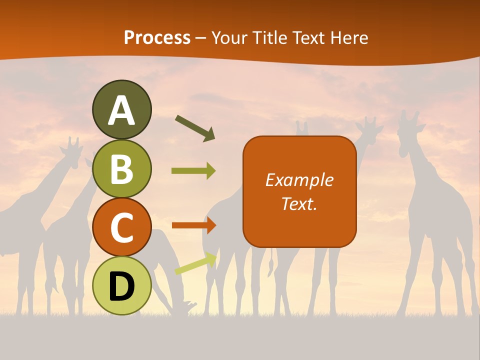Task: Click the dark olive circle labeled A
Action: (x=122, y=110)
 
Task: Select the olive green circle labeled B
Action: (x=122, y=168)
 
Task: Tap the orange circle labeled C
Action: (x=122, y=227)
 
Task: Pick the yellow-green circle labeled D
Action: (x=122, y=285)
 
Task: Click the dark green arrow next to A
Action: (x=194, y=128)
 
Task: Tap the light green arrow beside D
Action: (x=195, y=263)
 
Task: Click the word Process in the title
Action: (x=157, y=38)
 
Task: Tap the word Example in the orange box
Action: (x=299, y=180)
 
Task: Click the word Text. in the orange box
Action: (x=299, y=203)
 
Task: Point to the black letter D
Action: (x=122, y=286)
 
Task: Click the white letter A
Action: (x=122, y=111)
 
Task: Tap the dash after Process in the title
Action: (x=200, y=38)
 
